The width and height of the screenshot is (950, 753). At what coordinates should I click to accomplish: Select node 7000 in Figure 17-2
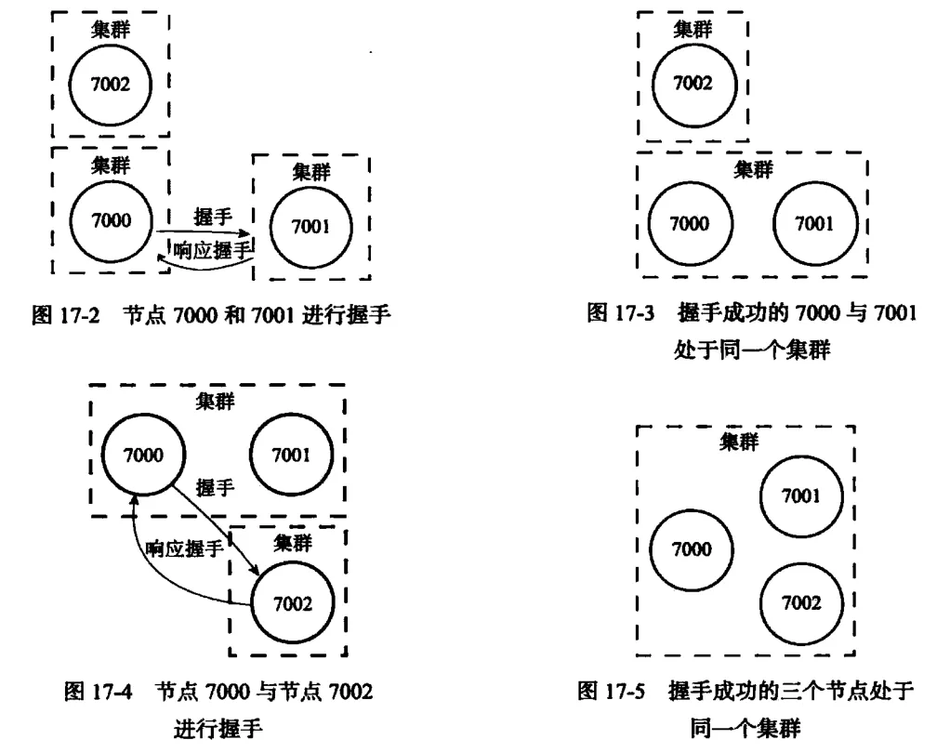(110, 219)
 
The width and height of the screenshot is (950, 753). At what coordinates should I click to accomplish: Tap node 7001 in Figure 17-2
(311, 227)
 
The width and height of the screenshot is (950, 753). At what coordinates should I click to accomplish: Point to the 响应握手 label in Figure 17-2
(214, 248)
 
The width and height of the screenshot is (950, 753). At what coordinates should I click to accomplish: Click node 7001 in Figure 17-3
(814, 224)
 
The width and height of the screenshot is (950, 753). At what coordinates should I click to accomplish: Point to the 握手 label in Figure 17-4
(214, 487)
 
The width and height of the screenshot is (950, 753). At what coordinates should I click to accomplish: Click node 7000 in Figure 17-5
(692, 548)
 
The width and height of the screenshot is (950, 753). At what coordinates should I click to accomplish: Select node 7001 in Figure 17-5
(801, 495)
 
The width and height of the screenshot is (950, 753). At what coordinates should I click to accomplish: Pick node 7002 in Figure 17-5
(801, 602)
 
